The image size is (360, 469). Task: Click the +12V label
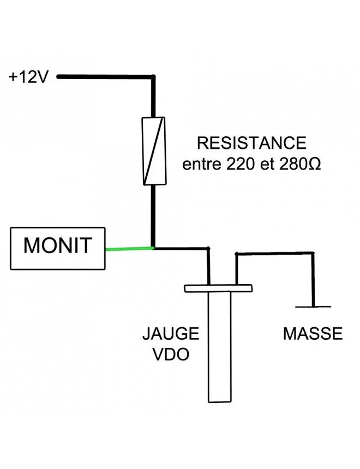[28, 77]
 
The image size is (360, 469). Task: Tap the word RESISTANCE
[251, 143]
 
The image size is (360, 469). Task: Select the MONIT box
[58, 249]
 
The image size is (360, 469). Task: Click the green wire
[129, 249]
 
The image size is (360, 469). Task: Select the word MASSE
[313, 333]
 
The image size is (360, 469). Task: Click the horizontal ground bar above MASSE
[313, 306]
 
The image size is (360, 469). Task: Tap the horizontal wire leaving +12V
[104, 77]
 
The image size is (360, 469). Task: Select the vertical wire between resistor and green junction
[153, 215]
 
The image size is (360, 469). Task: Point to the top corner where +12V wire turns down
[153, 77]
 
